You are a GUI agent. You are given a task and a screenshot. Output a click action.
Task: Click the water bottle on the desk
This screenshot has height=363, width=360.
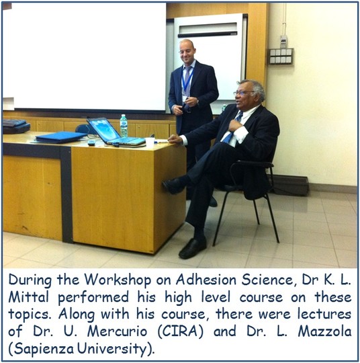click(124, 126)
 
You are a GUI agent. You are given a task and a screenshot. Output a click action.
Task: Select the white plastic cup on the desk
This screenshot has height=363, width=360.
click(150, 143)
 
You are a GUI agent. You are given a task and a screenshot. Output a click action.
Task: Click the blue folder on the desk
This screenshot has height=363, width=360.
click(61, 137)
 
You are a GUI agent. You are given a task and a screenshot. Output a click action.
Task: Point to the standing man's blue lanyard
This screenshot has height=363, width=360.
click(187, 79)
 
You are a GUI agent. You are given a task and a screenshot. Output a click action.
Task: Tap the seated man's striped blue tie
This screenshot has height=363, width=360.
click(233, 128)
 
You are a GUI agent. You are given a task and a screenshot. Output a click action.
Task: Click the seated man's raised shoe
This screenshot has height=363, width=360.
click(173, 186)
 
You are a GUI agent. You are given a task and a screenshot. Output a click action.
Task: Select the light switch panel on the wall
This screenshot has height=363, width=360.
click(281, 56)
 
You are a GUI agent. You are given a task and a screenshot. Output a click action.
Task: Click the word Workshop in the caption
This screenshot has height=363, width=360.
click(118, 280)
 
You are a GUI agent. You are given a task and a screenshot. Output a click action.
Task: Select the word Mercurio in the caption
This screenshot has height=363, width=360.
click(117, 331)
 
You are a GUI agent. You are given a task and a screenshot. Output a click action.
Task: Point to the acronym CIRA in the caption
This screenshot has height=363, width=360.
click(181, 331)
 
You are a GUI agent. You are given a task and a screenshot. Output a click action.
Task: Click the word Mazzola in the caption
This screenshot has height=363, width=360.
click(325, 331)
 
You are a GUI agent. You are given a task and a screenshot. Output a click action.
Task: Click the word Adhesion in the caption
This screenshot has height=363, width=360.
click(206, 280)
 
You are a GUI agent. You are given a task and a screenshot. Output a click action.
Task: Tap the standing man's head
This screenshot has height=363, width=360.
click(188, 51)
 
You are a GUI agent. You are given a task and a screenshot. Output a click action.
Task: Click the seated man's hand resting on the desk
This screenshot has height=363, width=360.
click(175, 139)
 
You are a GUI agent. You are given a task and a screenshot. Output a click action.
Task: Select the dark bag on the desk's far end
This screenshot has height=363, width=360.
click(16, 126)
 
